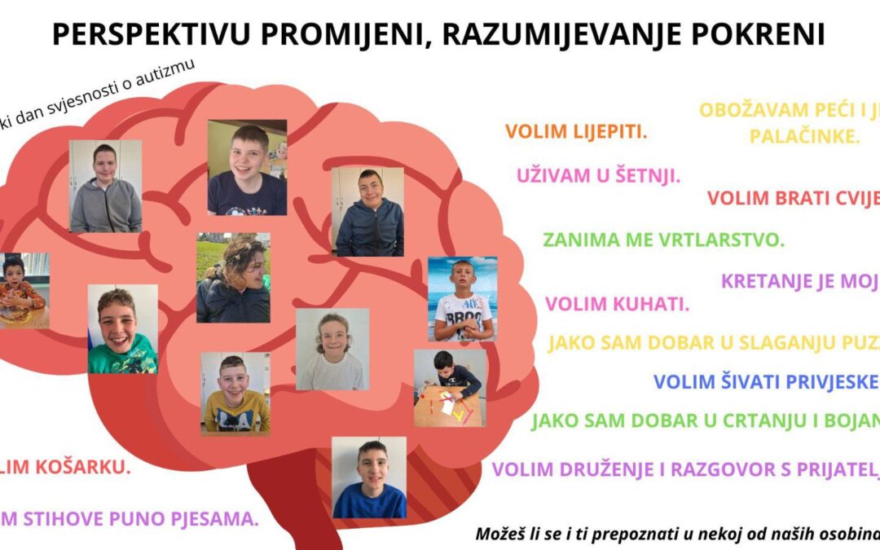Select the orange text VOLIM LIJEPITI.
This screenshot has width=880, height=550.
[576, 131]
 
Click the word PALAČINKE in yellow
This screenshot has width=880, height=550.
[804, 136]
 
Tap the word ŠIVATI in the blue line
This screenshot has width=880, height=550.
[745, 381]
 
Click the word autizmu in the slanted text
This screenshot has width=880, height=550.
[169, 78]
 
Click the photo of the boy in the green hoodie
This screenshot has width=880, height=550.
[122, 329]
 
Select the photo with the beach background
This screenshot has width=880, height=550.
[462, 298]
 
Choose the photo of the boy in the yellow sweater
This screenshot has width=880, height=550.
[235, 393]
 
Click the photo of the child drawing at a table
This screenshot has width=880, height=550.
[450, 388]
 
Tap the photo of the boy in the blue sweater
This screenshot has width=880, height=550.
[369, 477]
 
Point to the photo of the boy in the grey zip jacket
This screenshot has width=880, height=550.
[105, 186]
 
